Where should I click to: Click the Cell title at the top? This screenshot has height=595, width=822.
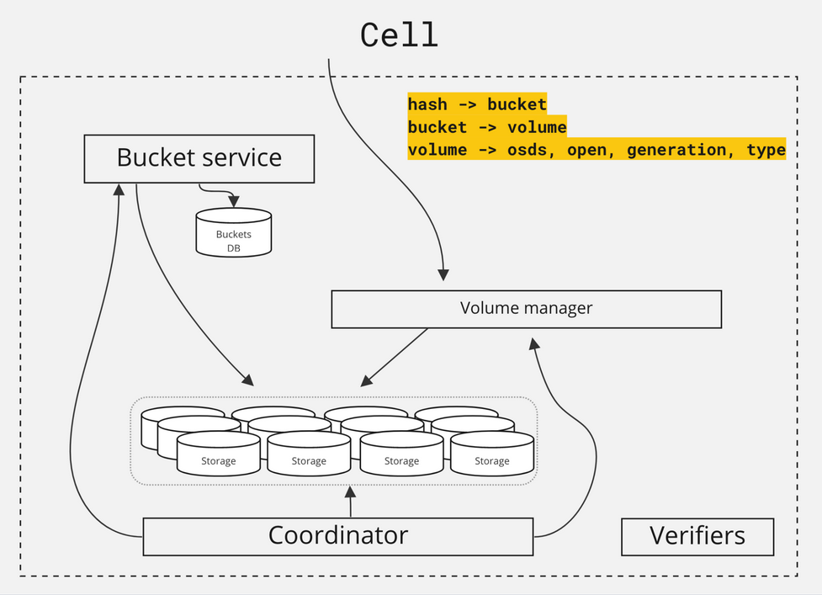(399, 35)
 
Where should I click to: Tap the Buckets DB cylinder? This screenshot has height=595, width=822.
(234, 232)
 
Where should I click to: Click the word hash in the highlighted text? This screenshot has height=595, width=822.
(427, 104)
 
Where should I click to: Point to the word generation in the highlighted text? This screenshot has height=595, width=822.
(676, 150)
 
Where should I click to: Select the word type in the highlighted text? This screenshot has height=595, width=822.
(766, 150)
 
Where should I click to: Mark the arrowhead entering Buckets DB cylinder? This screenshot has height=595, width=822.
(234, 202)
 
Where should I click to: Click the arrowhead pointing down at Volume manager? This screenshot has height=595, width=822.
(443, 274)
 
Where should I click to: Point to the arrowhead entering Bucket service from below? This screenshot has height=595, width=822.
(119, 189)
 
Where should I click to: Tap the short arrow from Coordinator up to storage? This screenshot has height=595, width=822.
(351, 502)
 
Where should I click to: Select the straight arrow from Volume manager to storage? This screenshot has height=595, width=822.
(395, 358)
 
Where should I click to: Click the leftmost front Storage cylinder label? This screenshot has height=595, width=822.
(219, 461)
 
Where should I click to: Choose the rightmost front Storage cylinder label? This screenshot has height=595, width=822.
(492, 461)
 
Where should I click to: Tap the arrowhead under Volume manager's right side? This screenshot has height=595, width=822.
(533, 344)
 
